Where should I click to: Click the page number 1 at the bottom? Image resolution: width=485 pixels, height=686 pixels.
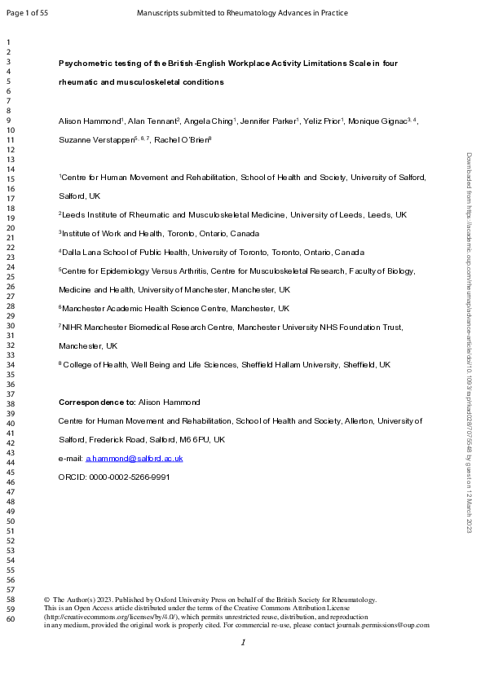coord(243,644)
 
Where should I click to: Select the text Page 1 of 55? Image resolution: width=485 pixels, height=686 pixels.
coord(26,13)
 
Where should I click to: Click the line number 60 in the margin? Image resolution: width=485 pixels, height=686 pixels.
coord(10,619)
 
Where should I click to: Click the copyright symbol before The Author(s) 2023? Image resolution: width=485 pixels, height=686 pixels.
coord(46,600)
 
